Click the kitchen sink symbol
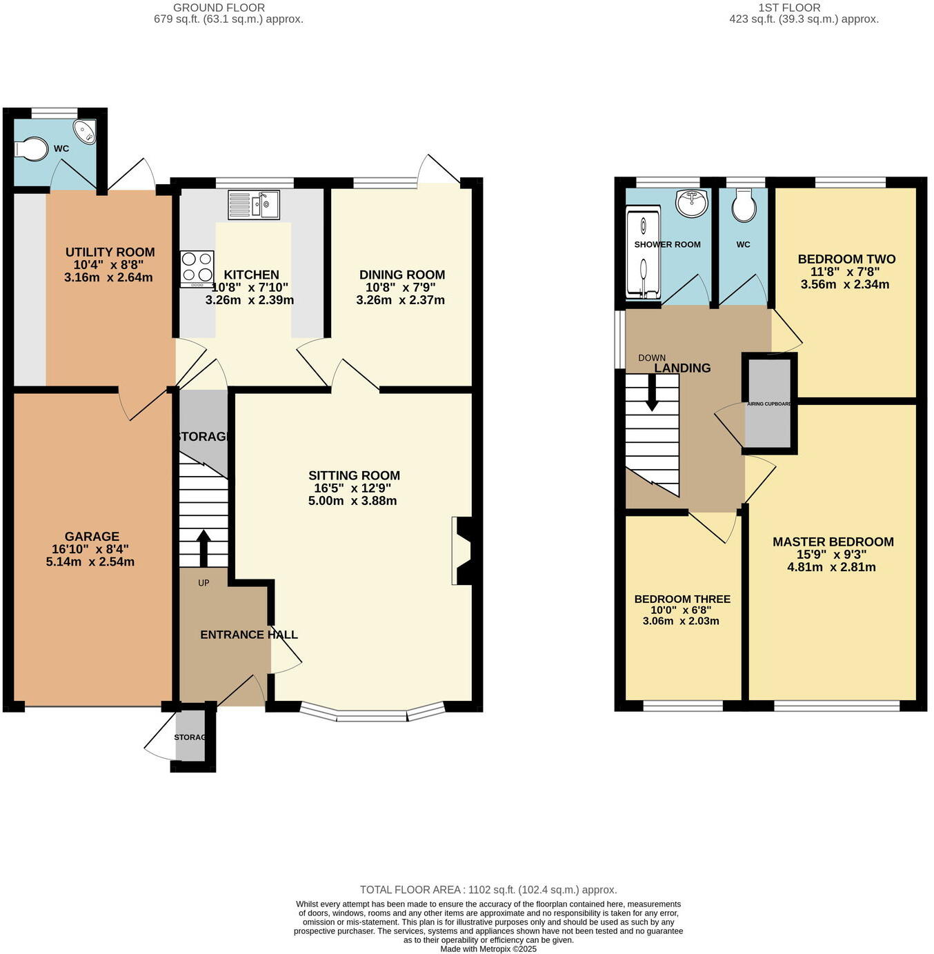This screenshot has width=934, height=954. pyautogui.click(x=254, y=205)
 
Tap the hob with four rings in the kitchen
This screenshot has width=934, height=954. pyautogui.click(x=197, y=268)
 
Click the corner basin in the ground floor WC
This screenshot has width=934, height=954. pyautogui.click(x=86, y=132)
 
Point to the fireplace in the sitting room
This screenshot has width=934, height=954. pyautogui.click(x=462, y=551)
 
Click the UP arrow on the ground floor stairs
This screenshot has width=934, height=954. pyautogui.click(x=203, y=548)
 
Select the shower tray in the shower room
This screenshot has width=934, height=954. pyautogui.click(x=643, y=256)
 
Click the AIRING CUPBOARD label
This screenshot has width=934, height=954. pyautogui.click(x=769, y=404)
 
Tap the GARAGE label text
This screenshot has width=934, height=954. pyautogui.click(x=92, y=536)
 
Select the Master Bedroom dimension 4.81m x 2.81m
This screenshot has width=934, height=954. pyautogui.click(x=831, y=567)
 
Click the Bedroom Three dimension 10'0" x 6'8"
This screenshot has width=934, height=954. pyautogui.click(x=681, y=610)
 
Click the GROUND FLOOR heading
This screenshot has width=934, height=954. pyautogui.click(x=219, y=8)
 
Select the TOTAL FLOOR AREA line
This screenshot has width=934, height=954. pyautogui.click(x=488, y=890)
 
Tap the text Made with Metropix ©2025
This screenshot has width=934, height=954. pyautogui.click(x=488, y=948)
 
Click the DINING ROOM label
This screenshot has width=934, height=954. pyautogui.click(x=401, y=275)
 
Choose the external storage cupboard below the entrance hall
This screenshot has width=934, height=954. pyautogui.click(x=191, y=737)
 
